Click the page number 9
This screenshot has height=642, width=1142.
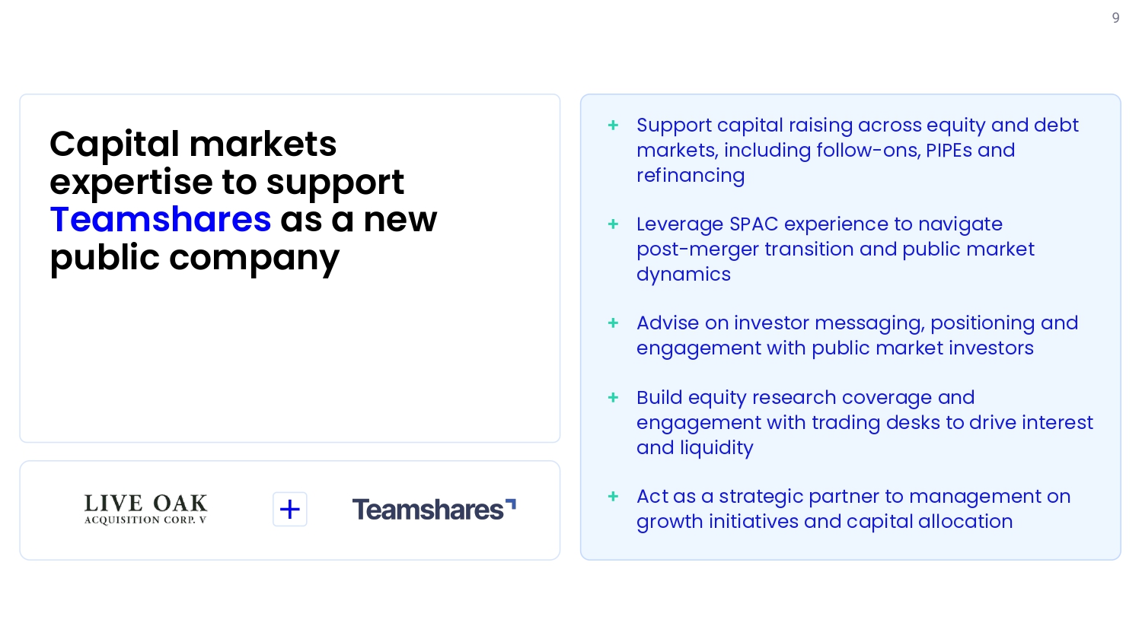pyautogui.click(x=1115, y=18)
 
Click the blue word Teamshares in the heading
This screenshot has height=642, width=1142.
pyautogui.click(x=161, y=220)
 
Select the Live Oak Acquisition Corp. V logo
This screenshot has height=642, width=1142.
pyautogui.click(x=145, y=509)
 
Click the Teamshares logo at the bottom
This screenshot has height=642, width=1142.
pyautogui.click(x=434, y=509)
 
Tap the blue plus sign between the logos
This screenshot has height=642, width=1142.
pyautogui.click(x=289, y=509)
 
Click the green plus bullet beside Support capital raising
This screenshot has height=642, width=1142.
pyautogui.click(x=614, y=126)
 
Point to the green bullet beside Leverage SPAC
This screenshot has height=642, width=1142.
pyautogui.click(x=614, y=224)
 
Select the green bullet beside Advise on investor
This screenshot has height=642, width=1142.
pyautogui.click(x=614, y=323)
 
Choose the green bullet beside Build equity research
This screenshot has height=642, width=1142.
pyautogui.click(x=614, y=397)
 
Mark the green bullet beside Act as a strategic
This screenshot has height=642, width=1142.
pyautogui.click(x=614, y=496)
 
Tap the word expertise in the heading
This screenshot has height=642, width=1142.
pyautogui.click(x=131, y=183)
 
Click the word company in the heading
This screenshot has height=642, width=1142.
pyautogui.click(x=254, y=259)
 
